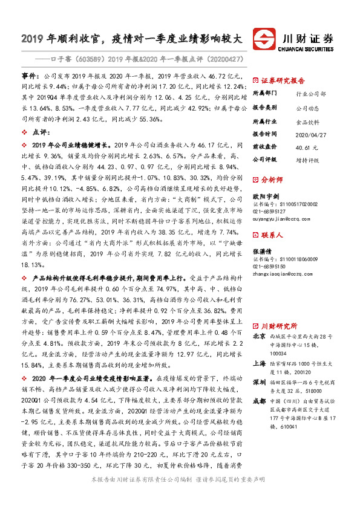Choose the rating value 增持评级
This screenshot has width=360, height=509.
(308, 160)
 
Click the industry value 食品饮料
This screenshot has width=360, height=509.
(308, 122)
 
